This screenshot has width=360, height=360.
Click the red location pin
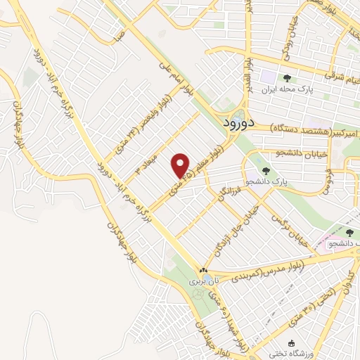coord(181,165)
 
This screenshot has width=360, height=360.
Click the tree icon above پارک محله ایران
coord(285,78)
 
